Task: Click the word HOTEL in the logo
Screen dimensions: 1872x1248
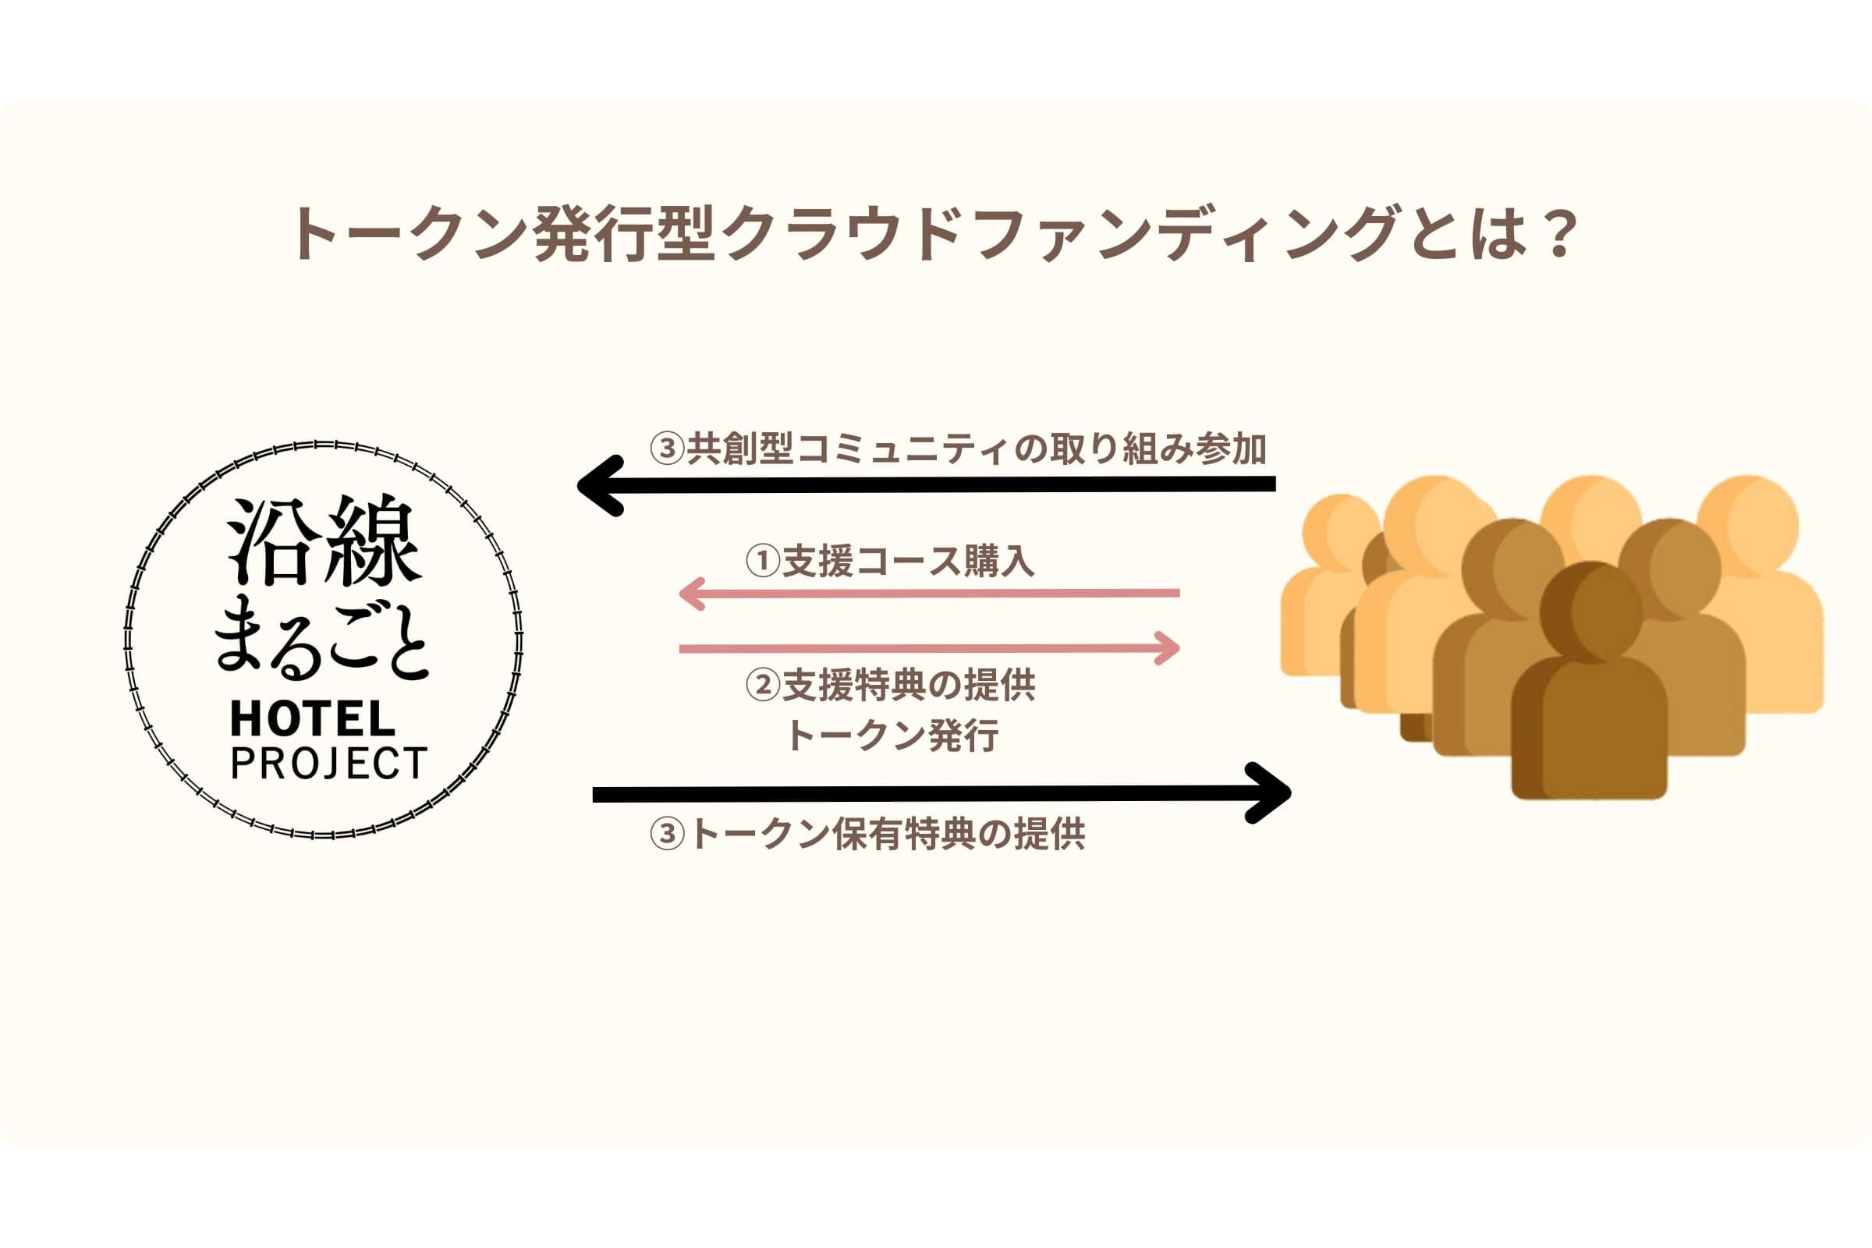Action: click(312, 719)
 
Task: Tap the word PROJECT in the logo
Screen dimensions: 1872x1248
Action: click(328, 764)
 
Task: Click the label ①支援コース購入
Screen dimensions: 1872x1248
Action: click(890, 561)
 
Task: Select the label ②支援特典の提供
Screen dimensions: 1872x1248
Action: click(890, 686)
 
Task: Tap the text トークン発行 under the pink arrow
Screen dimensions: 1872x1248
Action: click(892, 736)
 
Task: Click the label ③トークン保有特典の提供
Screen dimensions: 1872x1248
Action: click(867, 835)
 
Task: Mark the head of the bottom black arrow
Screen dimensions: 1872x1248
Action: click(1271, 792)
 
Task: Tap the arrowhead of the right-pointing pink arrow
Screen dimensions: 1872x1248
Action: click(1168, 648)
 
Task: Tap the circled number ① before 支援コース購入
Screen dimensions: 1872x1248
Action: click(763, 561)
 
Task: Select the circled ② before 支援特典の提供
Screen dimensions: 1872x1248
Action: click(763, 686)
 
